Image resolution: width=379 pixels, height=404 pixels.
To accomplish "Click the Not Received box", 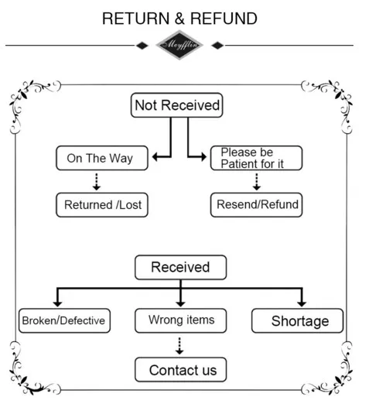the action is click(x=177, y=105).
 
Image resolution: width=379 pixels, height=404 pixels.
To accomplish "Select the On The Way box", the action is click(x=102, y=158).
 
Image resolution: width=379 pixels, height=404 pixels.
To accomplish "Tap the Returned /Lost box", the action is click(x=102, y=205).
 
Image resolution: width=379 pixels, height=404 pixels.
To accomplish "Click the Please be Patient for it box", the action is click(x=257, y=158).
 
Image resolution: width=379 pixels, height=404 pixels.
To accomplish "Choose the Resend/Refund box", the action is click(x=257, y=205).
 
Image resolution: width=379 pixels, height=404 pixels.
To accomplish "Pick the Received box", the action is click(x=181, y=267).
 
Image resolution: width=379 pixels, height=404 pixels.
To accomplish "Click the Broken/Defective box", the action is click(x=64, y=320).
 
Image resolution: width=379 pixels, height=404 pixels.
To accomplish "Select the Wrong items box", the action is click(x=181, y=320).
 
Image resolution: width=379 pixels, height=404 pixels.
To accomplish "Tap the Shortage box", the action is click(x=297, y=320).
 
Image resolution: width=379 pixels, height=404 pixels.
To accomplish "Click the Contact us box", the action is click(x=181, y=369).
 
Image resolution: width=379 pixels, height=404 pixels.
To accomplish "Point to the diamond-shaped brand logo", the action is click(x=179, y=45).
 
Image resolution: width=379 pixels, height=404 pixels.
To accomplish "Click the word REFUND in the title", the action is click(x=224, y=19).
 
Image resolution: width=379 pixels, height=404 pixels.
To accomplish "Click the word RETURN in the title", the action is click(x=136, y=19).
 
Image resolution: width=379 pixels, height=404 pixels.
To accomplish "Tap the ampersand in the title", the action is click(x=179, y=19).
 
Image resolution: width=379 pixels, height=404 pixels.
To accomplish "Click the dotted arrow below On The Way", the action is click(x=97, y=182).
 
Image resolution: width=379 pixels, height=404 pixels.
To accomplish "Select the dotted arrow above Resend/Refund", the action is click(x=257, y=182).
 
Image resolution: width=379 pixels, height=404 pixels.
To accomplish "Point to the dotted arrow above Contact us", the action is click(x=179, y=346).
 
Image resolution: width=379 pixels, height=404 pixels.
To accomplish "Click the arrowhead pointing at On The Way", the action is click(x=155, y=156).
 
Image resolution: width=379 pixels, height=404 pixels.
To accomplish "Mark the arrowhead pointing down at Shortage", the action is click(x=302, y=303).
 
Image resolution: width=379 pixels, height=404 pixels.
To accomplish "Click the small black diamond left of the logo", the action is click(x=142, y=46).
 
